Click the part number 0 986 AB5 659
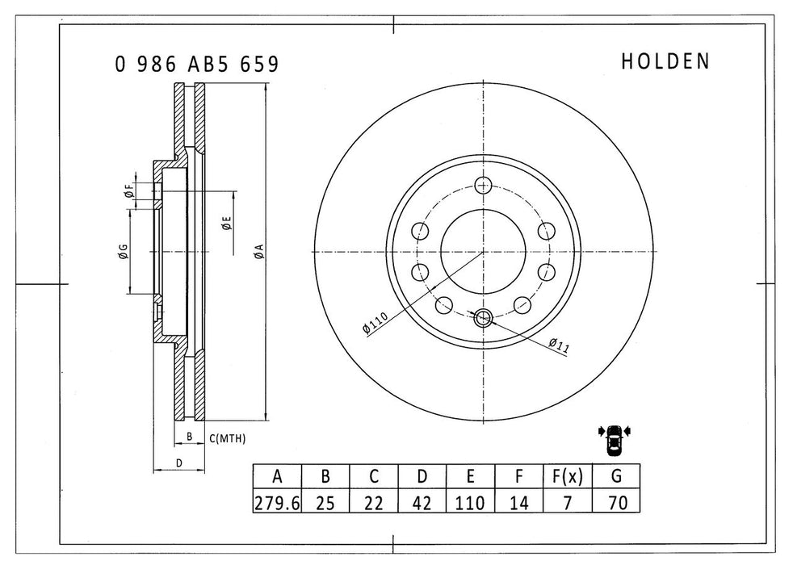coord(197,65)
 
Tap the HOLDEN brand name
coord(665,62)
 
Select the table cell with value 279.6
coord(277,502)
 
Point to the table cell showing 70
coord(617,502)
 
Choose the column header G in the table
coord(617,476)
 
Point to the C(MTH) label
coord(227,438)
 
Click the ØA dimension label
coord(258,251)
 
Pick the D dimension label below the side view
coord(179,462)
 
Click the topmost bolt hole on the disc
coord(484,184)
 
